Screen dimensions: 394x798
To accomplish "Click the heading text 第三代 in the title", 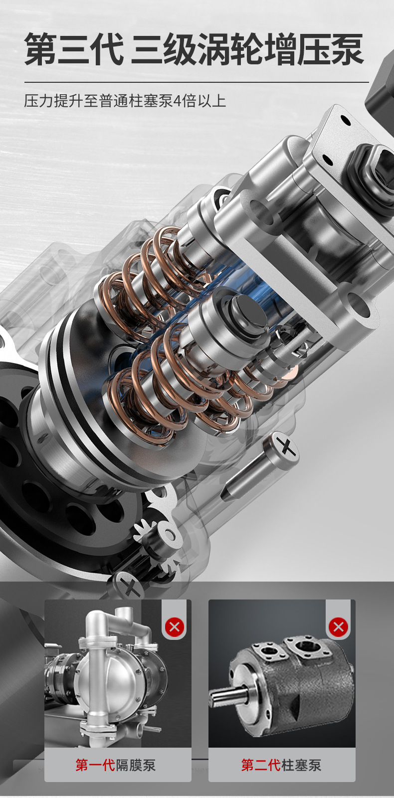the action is tap(74, 49).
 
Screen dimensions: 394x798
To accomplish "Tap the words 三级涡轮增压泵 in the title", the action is tap(247, 49).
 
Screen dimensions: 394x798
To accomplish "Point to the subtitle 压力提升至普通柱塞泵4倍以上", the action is tap(125, 101).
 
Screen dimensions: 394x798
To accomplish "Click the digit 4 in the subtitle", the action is tap(178, 101).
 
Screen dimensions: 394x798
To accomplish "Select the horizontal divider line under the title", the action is tap(197, 82).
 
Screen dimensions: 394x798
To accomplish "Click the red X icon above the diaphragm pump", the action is tap(175, 626).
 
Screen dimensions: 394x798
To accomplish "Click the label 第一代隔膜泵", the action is tap(115, 765).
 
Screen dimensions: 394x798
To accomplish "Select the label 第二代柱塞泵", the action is tap(281, 765).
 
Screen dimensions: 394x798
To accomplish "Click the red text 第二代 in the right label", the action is tap(261, 765).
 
